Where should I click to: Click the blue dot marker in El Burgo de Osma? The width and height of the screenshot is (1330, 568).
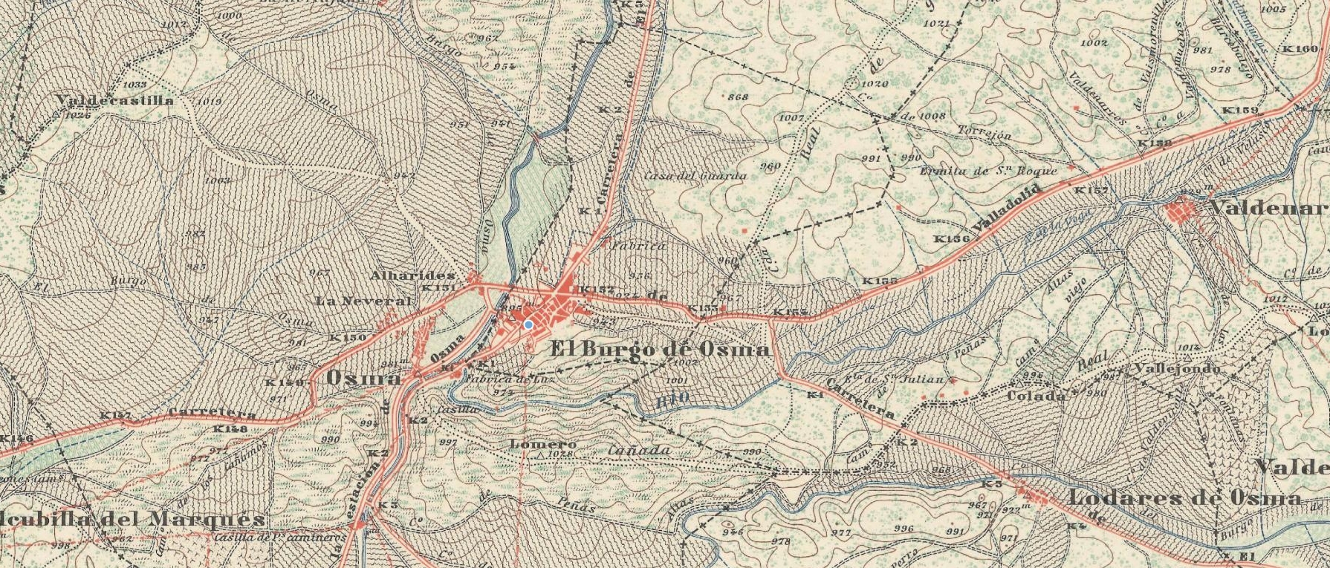click(528, 324)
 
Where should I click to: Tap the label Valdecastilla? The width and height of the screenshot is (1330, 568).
click(116, 99)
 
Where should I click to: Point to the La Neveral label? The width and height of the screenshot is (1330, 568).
click(363, 301)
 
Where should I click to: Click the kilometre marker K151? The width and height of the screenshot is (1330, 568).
click(438, 288)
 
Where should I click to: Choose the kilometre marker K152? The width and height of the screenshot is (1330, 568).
click(596, 289)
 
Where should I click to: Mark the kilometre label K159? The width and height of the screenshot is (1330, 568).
click(1241, 111)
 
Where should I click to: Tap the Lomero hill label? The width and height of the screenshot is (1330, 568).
click(533, 444)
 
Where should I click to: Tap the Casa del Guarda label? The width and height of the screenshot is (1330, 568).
click(695, 176)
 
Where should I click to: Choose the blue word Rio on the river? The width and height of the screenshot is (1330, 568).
click(673, 399)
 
